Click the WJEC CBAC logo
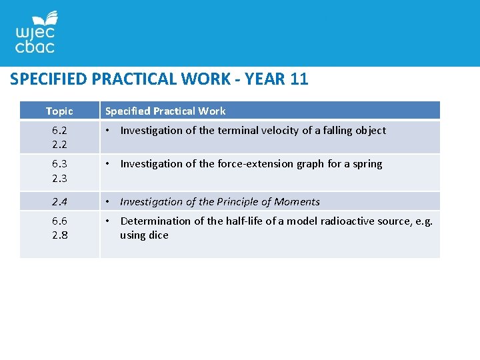pos(36,33)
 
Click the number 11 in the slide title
pos(299,79)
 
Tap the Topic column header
pos(59,111)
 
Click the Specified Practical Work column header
pos(165,111)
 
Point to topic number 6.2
pos(59,131)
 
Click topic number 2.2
pos(59,145)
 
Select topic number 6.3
pos(59,164)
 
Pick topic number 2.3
pos(59,178)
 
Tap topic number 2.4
pos(59,201)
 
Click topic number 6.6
pos(59,221)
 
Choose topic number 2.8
pos(59,235)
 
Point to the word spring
pos(367,164)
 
